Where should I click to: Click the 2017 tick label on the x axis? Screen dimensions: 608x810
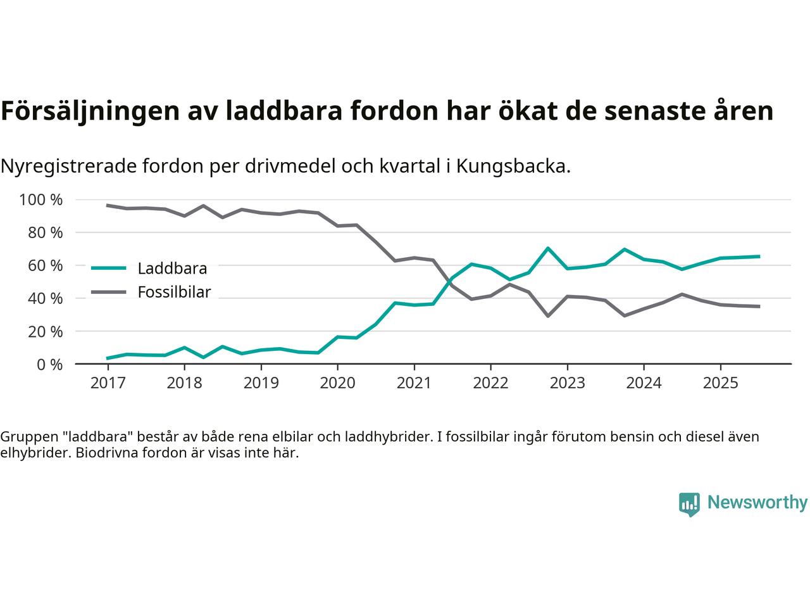(108, 383)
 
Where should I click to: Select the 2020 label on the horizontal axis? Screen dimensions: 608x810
(337, 383)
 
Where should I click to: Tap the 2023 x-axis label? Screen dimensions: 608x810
(567, 383)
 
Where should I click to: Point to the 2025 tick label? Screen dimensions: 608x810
(720, 383)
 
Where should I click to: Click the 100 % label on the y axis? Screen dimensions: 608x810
(41, 200)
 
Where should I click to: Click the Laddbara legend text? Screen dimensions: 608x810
(172, 269)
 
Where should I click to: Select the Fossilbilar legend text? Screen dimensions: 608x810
(174, 293)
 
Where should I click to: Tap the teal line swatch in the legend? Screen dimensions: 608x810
(109, 268)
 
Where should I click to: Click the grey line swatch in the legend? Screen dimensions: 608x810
(109, 292)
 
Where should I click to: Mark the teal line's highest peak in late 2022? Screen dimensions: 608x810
(547, 248)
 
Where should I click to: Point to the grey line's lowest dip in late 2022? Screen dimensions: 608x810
(547, 315)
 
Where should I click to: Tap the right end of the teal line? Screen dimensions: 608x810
(759, 256)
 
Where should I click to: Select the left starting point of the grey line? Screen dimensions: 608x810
(108, 205)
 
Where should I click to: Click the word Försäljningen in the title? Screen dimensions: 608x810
(89, 111)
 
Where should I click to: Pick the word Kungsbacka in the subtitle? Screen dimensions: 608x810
(513, 167)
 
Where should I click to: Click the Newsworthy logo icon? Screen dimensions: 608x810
(689, 504)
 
